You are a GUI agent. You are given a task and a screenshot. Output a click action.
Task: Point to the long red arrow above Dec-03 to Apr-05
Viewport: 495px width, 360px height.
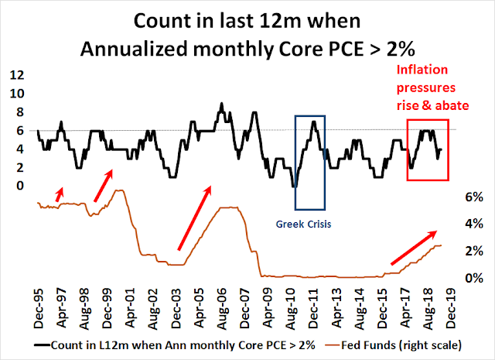pyautogui.click(x=193, y=218)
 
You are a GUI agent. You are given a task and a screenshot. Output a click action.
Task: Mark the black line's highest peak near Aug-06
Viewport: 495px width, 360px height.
pyautogui.click(x=222, y=103)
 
